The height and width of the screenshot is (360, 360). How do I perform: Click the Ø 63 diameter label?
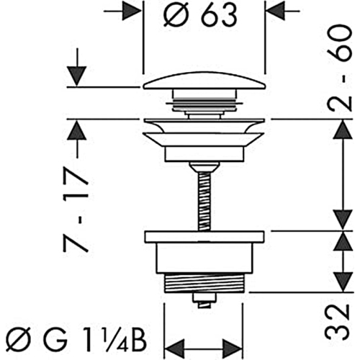coord(200,15)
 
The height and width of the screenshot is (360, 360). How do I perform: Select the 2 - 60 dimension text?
coord(341,68)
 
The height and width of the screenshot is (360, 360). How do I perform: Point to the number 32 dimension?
coord(336,321)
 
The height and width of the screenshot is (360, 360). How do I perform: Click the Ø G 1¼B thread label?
coord(76,341)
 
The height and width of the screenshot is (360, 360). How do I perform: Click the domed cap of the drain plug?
coord(204,81)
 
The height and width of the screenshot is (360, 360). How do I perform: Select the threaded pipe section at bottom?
coord(204,283)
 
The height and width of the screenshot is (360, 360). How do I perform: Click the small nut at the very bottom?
coord(204,300)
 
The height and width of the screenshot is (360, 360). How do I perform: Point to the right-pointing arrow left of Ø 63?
coord(122,11)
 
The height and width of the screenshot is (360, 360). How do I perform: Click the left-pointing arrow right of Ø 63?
coord(284,11)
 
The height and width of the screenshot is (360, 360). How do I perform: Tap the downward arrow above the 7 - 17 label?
coord(77,67)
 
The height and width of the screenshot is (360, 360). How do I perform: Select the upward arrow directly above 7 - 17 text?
coord(77,139)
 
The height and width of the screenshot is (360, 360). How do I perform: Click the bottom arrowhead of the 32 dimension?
coord(343,282)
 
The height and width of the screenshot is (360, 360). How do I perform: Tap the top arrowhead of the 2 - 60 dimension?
coord(343,130)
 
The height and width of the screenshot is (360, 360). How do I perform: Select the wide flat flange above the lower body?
coord(204,237)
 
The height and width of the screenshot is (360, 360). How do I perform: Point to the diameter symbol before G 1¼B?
coord(15,341)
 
